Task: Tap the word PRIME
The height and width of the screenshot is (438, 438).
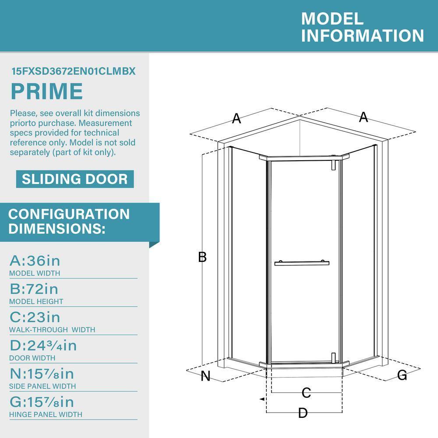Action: coord(46,92)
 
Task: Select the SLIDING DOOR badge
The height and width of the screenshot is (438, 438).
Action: coord(75,179)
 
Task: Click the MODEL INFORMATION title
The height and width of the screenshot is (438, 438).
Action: coord(362,27)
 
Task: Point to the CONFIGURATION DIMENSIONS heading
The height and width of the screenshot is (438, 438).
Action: coord(69,221)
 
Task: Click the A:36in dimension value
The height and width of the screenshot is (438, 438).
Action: coord(35,261)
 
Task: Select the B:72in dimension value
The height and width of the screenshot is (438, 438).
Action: coord(34,289)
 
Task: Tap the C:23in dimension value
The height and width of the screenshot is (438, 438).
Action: coord(35,317)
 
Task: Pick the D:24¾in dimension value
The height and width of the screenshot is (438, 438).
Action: coord(43,346)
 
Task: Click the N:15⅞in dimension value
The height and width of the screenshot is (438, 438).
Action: coord(42,374)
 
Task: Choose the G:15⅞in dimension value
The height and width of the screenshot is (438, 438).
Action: coord(42,402)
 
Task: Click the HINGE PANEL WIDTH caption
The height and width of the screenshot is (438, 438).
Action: coord(46,414)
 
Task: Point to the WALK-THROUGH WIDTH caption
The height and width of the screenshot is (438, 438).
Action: coord(52,329)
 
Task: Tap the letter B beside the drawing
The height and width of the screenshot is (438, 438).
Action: coord(202,257)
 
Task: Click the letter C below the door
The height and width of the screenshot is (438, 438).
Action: coord(306,392)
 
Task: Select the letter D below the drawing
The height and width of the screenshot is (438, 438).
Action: coord(303,413)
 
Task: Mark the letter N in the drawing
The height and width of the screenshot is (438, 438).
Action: coord(205,376)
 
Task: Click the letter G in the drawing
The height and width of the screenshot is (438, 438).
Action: coord(402,375)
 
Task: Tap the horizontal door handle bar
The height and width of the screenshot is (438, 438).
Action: coord(302,263)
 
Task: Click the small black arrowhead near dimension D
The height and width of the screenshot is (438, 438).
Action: coord(261,399)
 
